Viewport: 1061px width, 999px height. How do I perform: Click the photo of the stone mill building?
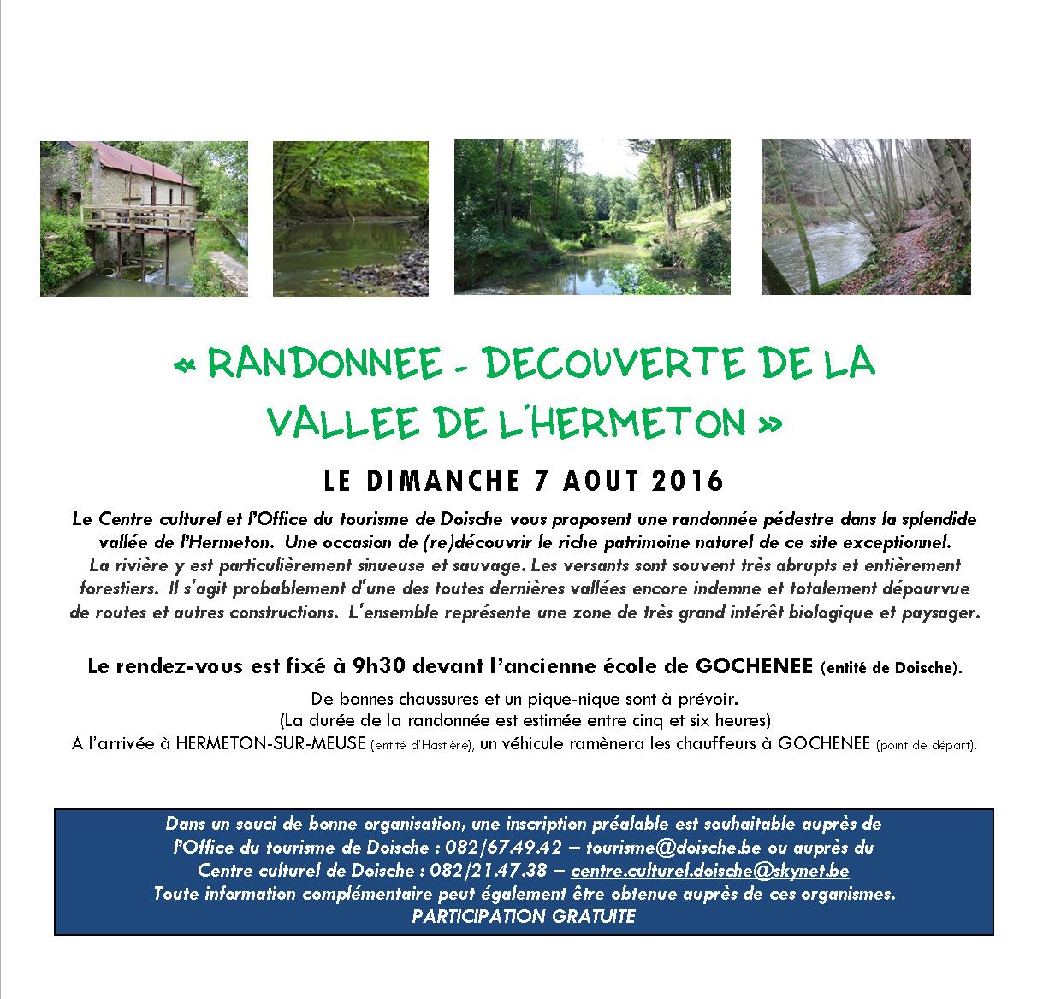(x=144, y=219)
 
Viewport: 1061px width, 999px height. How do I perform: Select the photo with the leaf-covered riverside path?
(x=866, y=217)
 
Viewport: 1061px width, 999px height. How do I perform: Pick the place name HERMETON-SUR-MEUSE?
(x=271, y=743)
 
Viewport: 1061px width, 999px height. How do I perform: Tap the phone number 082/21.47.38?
(x=501, y=871)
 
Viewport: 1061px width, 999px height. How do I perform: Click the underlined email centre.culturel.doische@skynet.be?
(x=709, y=871)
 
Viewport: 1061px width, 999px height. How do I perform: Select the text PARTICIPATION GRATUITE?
(x=524, y=916)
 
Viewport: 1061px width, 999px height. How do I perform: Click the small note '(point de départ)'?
(x=925, y=744)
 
